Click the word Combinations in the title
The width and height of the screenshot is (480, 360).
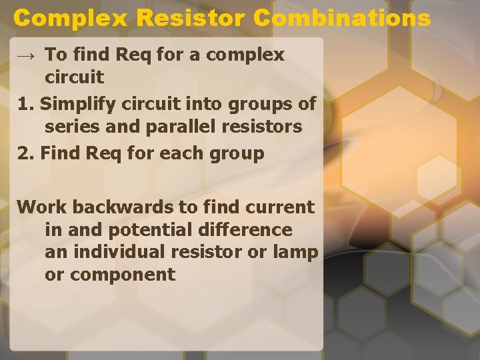[x=342, y=18]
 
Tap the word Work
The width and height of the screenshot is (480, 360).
[x=42, y=207]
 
